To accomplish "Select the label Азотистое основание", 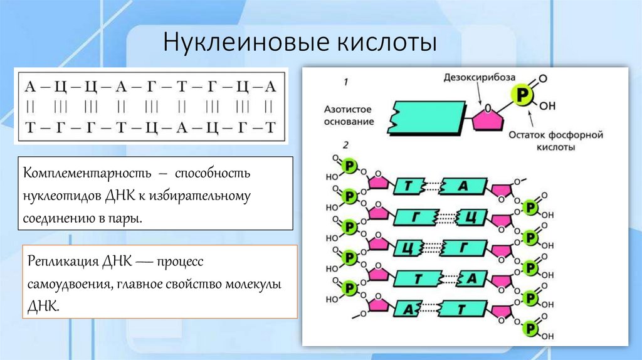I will (349, 115).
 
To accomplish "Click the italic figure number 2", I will (345, 146).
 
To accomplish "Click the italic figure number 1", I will (345, 82).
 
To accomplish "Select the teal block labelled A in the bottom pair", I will (408, 309).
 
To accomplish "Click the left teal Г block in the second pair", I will (414, 216).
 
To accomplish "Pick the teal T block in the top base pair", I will (409, 186).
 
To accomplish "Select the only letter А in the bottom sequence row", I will (182, 128).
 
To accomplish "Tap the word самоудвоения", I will (68, 284).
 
